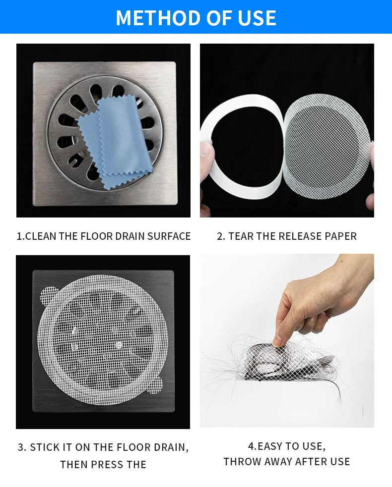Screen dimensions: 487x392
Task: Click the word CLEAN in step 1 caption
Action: pos(41,236)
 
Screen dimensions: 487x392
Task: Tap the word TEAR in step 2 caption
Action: pos(241,236)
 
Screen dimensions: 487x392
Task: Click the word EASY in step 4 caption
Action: pos(271,446)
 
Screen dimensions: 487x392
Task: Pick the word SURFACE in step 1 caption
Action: pos(169,236)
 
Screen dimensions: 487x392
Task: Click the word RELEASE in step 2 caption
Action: pos(298,236)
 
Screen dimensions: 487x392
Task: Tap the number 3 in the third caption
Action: pos(21,447)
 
